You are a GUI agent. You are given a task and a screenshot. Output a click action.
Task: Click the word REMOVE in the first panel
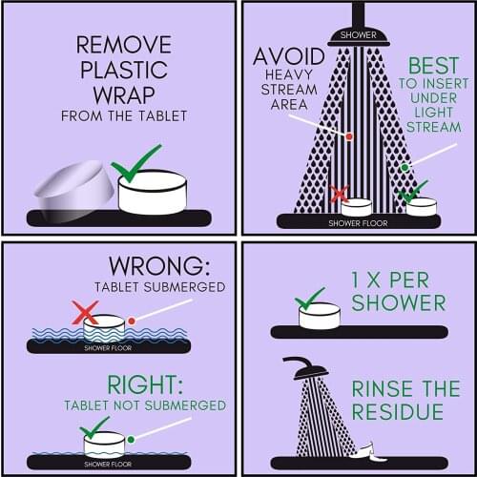(124, 45)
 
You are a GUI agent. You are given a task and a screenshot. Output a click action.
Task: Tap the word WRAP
(124, 95)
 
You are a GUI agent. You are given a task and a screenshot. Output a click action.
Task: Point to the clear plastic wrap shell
(74, 188)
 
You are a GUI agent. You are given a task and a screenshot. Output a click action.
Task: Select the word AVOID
(289, 56)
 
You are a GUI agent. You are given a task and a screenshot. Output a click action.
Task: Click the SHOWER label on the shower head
(358, 35)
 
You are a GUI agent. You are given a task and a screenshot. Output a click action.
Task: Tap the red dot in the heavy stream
(349, 136)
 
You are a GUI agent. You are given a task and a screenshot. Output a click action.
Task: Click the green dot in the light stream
(404, 167)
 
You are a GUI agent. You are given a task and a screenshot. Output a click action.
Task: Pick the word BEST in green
(433, 66)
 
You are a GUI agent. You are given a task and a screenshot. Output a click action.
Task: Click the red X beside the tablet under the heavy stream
(339, 194)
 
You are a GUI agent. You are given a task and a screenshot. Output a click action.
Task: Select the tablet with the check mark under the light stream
(422, 207)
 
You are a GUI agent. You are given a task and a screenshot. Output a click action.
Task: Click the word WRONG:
(159, 266)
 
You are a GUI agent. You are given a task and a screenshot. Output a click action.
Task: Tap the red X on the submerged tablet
(85, 313)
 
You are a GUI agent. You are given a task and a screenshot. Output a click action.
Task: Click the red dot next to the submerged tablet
(132, 321)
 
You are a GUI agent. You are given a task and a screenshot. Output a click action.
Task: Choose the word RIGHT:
(145, 384)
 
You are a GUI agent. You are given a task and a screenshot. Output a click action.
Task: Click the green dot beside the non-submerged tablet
(131, 440)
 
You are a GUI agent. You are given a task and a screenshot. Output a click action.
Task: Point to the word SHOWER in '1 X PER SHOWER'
(399, 302)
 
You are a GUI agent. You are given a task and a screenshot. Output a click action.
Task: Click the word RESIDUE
(398, 411)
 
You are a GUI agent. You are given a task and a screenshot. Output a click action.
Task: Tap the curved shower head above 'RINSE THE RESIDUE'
(307, 368)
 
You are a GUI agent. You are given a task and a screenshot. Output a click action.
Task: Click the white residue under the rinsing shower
(370, 452)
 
